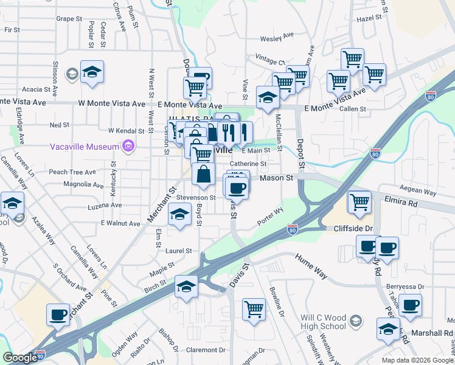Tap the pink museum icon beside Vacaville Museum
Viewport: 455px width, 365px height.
coord(128,146)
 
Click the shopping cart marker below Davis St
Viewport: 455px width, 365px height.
coord(254,308)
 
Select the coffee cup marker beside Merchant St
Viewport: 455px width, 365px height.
coord(58,315)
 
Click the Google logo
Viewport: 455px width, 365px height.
coord(20,358)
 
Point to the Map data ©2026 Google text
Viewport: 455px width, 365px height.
coord(417,360)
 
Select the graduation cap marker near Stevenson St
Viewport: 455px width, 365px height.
coord(179,215)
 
